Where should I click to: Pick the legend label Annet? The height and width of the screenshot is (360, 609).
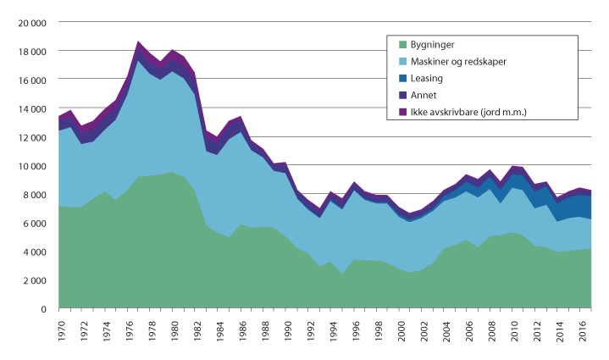tap(424, 94)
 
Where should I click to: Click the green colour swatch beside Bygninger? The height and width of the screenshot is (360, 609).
tap(401, 44)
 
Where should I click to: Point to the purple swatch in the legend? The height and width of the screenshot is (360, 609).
tap(401, 111)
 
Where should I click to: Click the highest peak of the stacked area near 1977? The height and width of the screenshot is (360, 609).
tap(139, 42)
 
